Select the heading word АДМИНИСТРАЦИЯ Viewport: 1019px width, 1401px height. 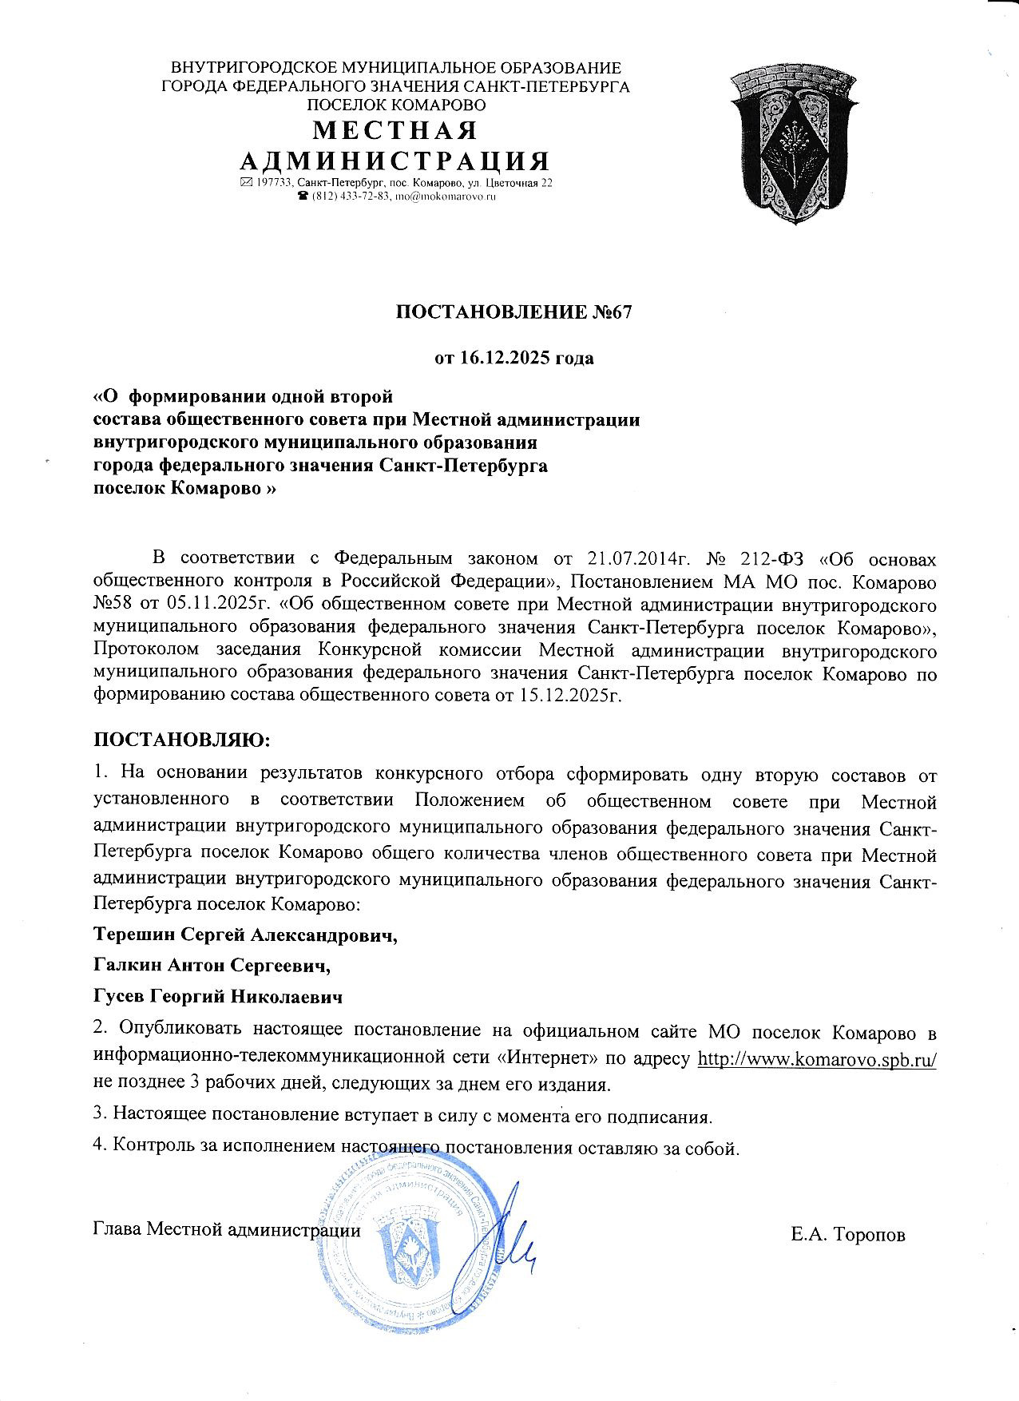[x=395, y=161]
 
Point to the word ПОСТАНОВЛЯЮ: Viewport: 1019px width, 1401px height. [x=182, y=740]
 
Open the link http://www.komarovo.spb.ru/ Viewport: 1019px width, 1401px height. [x=817, y=1059]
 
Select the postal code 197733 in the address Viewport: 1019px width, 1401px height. [x=272, y=183]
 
